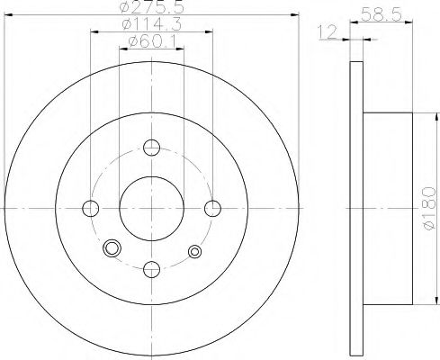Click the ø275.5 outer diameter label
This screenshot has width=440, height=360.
151,6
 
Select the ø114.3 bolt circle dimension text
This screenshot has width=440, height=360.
152,24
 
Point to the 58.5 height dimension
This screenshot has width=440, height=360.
381,14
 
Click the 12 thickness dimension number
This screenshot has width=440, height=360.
328,32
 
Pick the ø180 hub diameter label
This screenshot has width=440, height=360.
429,208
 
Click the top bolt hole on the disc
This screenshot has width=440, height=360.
151,148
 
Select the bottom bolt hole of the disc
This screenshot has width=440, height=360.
152,269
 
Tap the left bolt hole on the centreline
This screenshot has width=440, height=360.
90,209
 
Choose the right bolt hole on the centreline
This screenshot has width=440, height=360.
212,208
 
